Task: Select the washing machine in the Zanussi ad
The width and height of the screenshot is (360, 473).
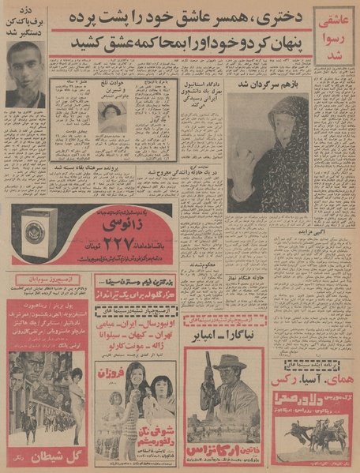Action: pyautogui.click(x=35, y=234)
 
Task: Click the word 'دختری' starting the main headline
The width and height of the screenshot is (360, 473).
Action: pyautogui.click(x=270, y=17)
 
